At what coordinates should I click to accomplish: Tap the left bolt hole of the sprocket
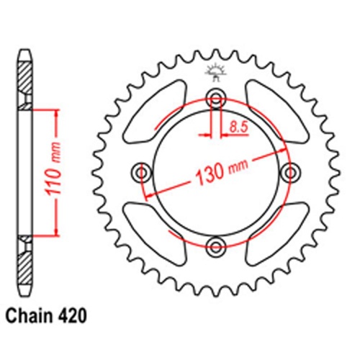click(x=140, y=173)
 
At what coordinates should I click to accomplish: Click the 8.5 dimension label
click(x=237, y=127)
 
